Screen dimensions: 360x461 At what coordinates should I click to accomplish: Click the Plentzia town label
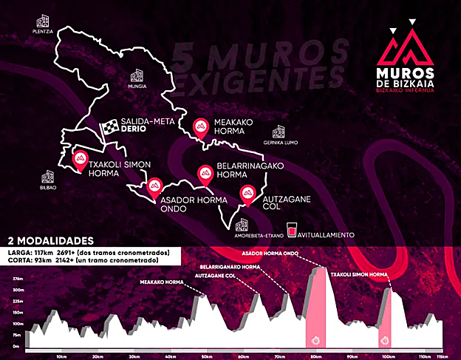pos(43,32)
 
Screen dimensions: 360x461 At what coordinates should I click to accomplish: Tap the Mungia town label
pos(138,86)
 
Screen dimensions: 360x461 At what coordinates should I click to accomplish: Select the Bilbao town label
pos(49,188)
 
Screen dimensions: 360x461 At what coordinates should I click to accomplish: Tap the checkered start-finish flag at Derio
pos(109,128)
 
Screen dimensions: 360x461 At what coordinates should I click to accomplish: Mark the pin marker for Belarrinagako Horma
pos(205,174)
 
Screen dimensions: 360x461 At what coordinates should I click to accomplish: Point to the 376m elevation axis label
pos(16,279)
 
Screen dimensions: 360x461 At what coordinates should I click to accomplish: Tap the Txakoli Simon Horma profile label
pos(359,275)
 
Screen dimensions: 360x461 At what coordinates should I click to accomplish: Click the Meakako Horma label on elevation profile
pos(167,282)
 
